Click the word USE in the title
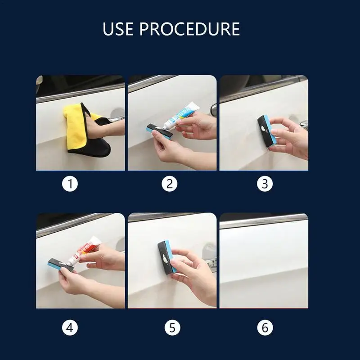tap(118, 29)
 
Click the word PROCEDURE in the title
tap(189, 29)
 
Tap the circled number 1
tap(70, 184)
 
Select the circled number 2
tap(170, 184)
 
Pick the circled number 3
tap(265, 184)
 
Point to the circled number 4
tap(70, 328)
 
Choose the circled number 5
tap(172, 328)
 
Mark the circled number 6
tap(265, 328)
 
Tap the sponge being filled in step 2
tap(158, 131)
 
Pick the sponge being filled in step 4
tap(60, 265)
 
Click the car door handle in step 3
tap(304, 124)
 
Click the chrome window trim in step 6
tap(264, 221)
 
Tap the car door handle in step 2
tap(213, 109)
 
